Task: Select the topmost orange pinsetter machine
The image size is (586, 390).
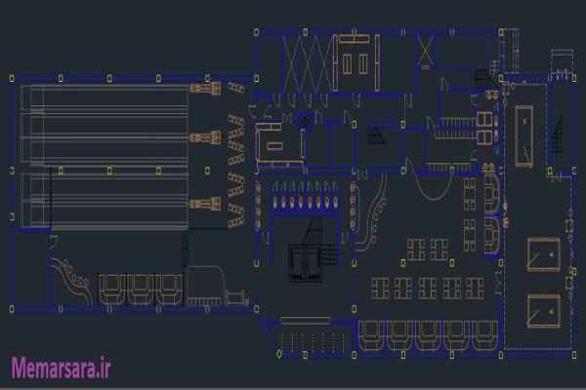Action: click(x=203, y=89)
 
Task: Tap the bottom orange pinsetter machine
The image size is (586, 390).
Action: click(x=203, y=203)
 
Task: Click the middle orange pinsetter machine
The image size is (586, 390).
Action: click(x=203, y=136)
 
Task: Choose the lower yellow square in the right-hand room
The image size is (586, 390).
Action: click(x=539, y=310)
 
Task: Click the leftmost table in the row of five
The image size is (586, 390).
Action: click(x=379, y=289)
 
